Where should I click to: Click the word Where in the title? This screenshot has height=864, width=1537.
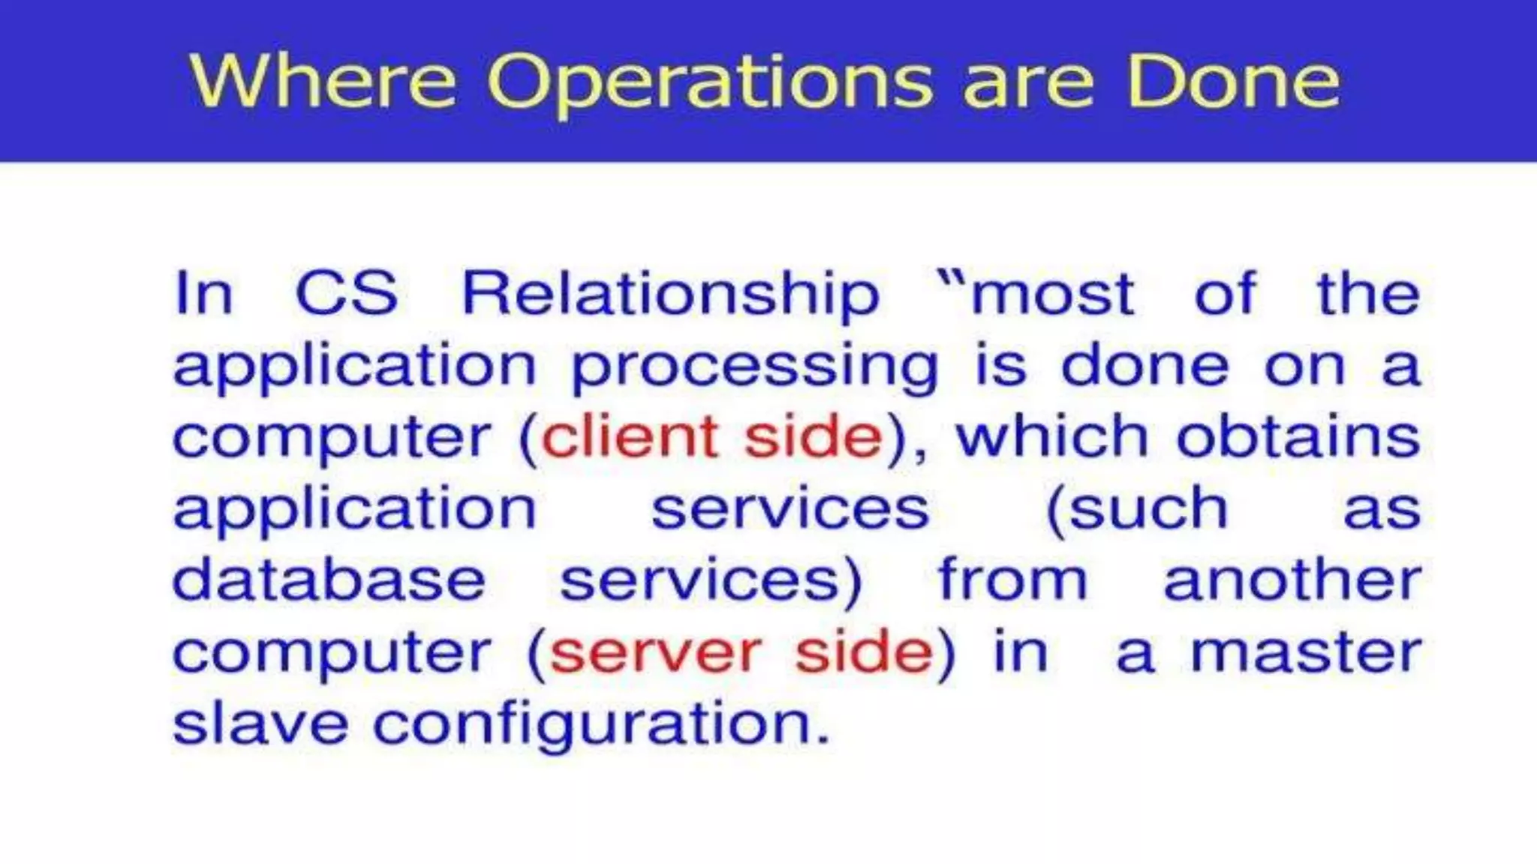pyautogui.click(x=323, y=81)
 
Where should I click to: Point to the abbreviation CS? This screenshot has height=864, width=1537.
pyautogui.click(x=346, y=293)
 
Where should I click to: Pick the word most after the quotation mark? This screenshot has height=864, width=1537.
pyautogui.click(x=1052, y=295)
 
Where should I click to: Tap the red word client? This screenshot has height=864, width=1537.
pyautogui.click(x=630, y=437)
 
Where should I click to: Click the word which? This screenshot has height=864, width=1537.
pyautogui.click(x=1051, y=436)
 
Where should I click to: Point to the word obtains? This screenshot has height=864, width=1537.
pyautogui.click(x=1298, y=436)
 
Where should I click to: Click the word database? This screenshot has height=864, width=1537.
pyautogui.click(x=329, y=580)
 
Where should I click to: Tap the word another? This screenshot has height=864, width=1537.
pyautogui.click(x=1292, y=580)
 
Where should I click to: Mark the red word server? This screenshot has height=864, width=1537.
pyautogui.click(x=655, y=652)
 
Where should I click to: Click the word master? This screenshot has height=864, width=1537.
pyautogui.click(x=1306, y=652)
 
